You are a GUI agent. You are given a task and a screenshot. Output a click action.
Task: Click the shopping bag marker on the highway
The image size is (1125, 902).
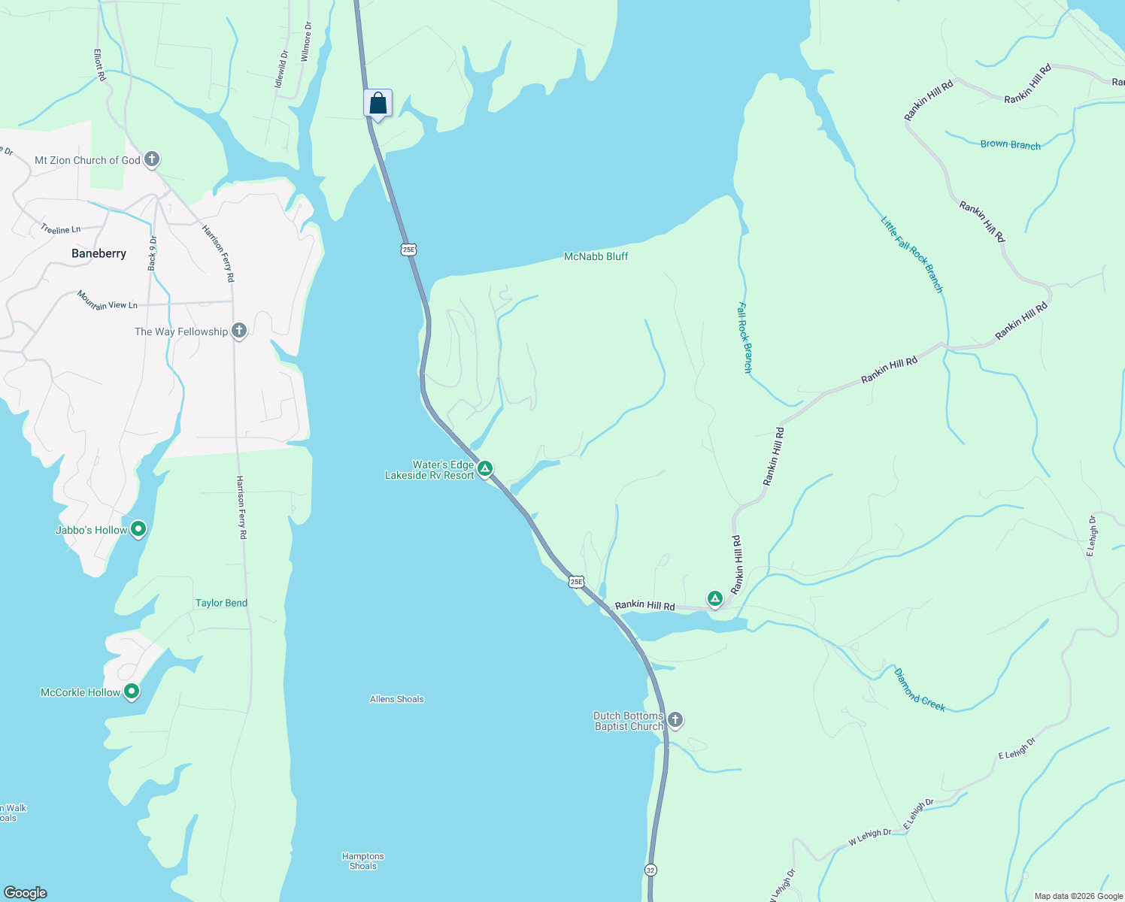tap(378, 104)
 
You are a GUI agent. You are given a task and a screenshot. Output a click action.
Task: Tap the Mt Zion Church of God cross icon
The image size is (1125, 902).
tap(152, 159)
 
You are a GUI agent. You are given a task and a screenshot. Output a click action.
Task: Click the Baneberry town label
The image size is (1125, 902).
tap(99, 253)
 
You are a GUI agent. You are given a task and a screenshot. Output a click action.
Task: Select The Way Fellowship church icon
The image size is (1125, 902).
tap(239, 331)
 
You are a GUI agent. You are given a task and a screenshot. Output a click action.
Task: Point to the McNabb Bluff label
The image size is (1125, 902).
tap(596, 256)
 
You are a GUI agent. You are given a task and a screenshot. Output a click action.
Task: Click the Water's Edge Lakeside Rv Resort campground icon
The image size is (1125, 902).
tap(486, 469)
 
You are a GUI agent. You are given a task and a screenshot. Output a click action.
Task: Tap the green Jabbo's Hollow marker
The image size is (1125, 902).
tap(138, 529)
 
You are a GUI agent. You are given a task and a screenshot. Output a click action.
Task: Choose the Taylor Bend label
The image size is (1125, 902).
tap(221, 603)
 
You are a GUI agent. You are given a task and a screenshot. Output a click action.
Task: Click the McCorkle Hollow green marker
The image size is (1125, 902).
tap(132, 692)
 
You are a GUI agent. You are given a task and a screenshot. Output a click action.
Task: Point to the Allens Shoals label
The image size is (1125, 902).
tap(396, 699)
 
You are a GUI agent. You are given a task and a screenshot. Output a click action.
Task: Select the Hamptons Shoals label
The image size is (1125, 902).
tap(362, 861)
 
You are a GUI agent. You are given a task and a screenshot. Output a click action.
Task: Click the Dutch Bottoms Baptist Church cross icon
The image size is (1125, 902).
tap(675, 720)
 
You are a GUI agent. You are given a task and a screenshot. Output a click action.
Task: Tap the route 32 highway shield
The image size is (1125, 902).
tap(650, 870)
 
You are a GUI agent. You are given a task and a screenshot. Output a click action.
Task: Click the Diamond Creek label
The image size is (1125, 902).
tap(919, 689)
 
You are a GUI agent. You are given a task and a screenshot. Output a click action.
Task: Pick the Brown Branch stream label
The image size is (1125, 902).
tap(1010, 144)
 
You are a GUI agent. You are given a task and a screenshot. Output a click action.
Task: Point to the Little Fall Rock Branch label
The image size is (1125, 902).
tap(911, 254)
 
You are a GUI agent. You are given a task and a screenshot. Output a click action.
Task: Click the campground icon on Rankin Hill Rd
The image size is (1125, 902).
tap(715, 598)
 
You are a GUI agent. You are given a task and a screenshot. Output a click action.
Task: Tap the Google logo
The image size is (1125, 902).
tap(26, 892)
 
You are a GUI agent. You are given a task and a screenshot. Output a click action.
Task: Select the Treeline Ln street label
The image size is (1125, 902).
tap(60, 229)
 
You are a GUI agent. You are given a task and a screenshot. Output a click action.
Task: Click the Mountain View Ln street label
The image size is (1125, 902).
tap(107, 301)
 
